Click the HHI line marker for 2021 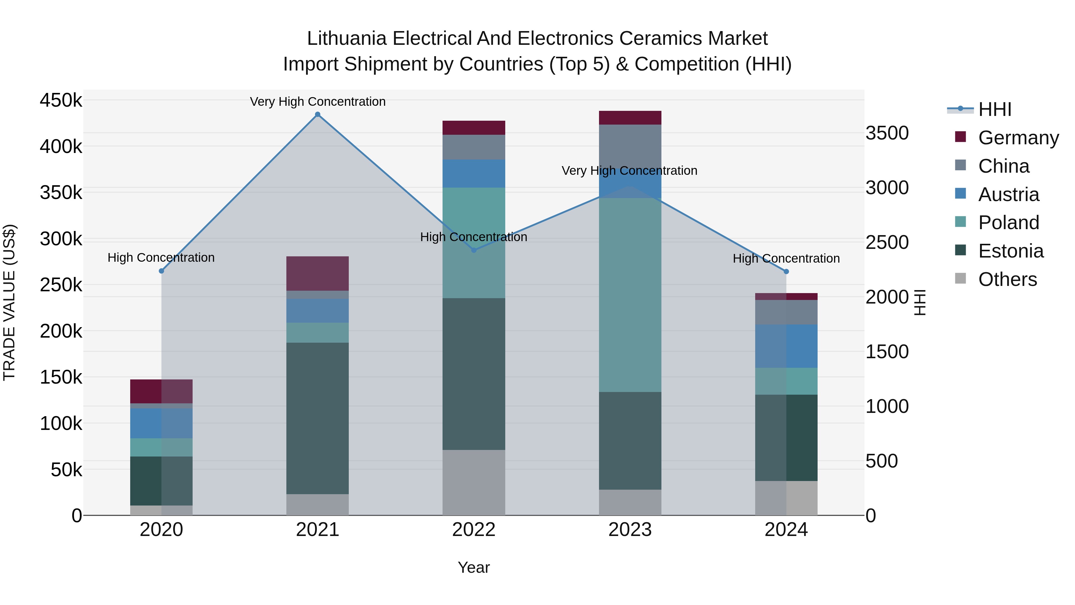pos(318,114)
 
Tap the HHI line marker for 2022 pos(474,250)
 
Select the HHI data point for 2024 pos(786,271)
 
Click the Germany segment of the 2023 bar pos(630,118)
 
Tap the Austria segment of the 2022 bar pos(474,173)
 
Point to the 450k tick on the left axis pos(61,101)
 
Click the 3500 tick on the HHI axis pos(887,133)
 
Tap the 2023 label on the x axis pos(630,530)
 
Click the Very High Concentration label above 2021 pos(318,102)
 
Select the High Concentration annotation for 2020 pos(161,258)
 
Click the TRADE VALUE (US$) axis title pos(9,302)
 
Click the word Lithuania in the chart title pos(347,39)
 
